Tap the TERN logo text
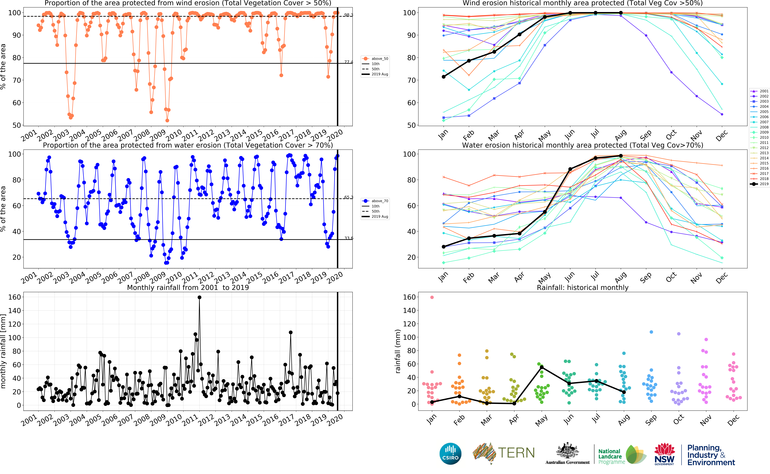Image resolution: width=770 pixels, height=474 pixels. [x=516, y=453]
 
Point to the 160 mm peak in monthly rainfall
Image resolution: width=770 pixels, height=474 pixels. [x=200, y=297]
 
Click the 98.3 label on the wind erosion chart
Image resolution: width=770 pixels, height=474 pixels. [x=348, y=15]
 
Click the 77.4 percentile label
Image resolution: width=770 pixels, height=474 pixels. [x=348, y=62]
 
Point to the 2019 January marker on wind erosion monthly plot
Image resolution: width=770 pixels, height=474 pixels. [x=444, y=77]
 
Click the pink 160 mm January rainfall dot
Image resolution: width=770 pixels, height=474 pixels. [x=432, y=297]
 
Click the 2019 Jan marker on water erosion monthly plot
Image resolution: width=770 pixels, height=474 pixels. [x=444, y=247]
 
